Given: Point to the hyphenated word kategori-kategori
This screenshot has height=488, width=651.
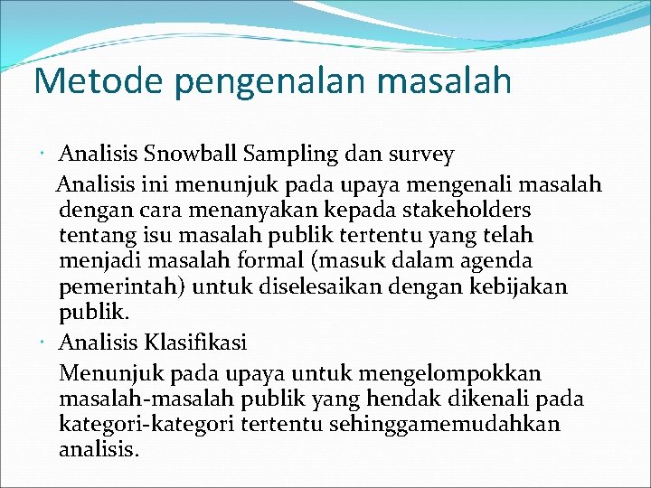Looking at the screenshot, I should [143, 425].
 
